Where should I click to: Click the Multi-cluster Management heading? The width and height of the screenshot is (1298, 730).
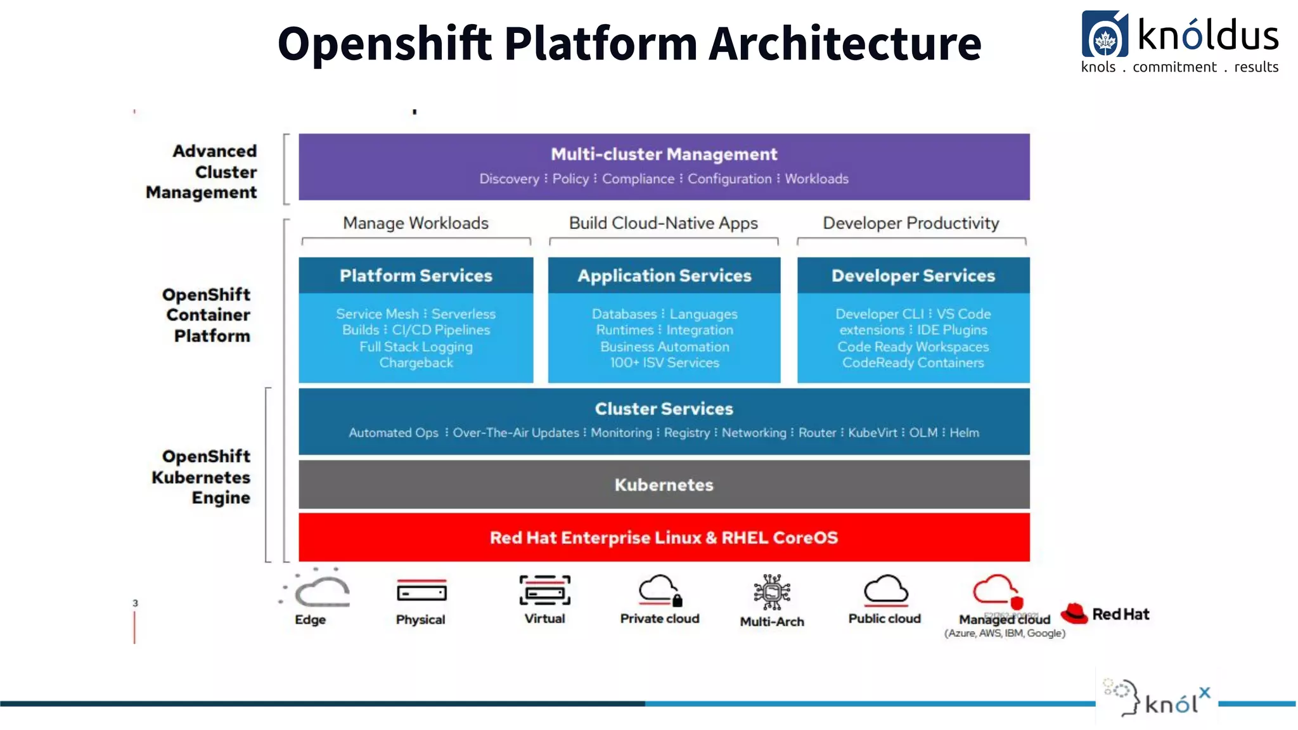click(x=664, y=154)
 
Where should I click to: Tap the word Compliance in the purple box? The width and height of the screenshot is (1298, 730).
click(x=638, y=179)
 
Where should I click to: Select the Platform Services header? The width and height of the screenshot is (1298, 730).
click(x=416, y=276)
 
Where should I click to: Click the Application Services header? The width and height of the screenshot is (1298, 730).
click(x=664, y=276)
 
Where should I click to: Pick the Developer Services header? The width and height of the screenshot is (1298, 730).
click(x=913, y=276)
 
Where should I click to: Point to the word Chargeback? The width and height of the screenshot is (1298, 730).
click(x=416, y=362)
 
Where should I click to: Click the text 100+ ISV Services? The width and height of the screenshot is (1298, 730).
click(x=664, y=362)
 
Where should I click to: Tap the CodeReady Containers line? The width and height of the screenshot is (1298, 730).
click(x=913, y=362)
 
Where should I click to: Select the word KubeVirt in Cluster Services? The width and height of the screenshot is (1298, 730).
click(x=872, y=433)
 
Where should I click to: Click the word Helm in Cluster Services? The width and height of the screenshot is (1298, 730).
click(x=964, y=433)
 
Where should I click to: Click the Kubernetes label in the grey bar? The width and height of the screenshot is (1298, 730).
click(x=664, y=485)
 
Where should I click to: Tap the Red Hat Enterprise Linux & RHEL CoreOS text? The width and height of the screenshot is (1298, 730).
click(x=664, y=537)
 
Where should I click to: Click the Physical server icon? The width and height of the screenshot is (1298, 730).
click(x=421, y=592)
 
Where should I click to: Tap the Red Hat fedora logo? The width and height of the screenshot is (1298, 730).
click(x=1074, y=613)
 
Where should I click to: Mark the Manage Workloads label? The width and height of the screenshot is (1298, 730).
click(x=416, y=223)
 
